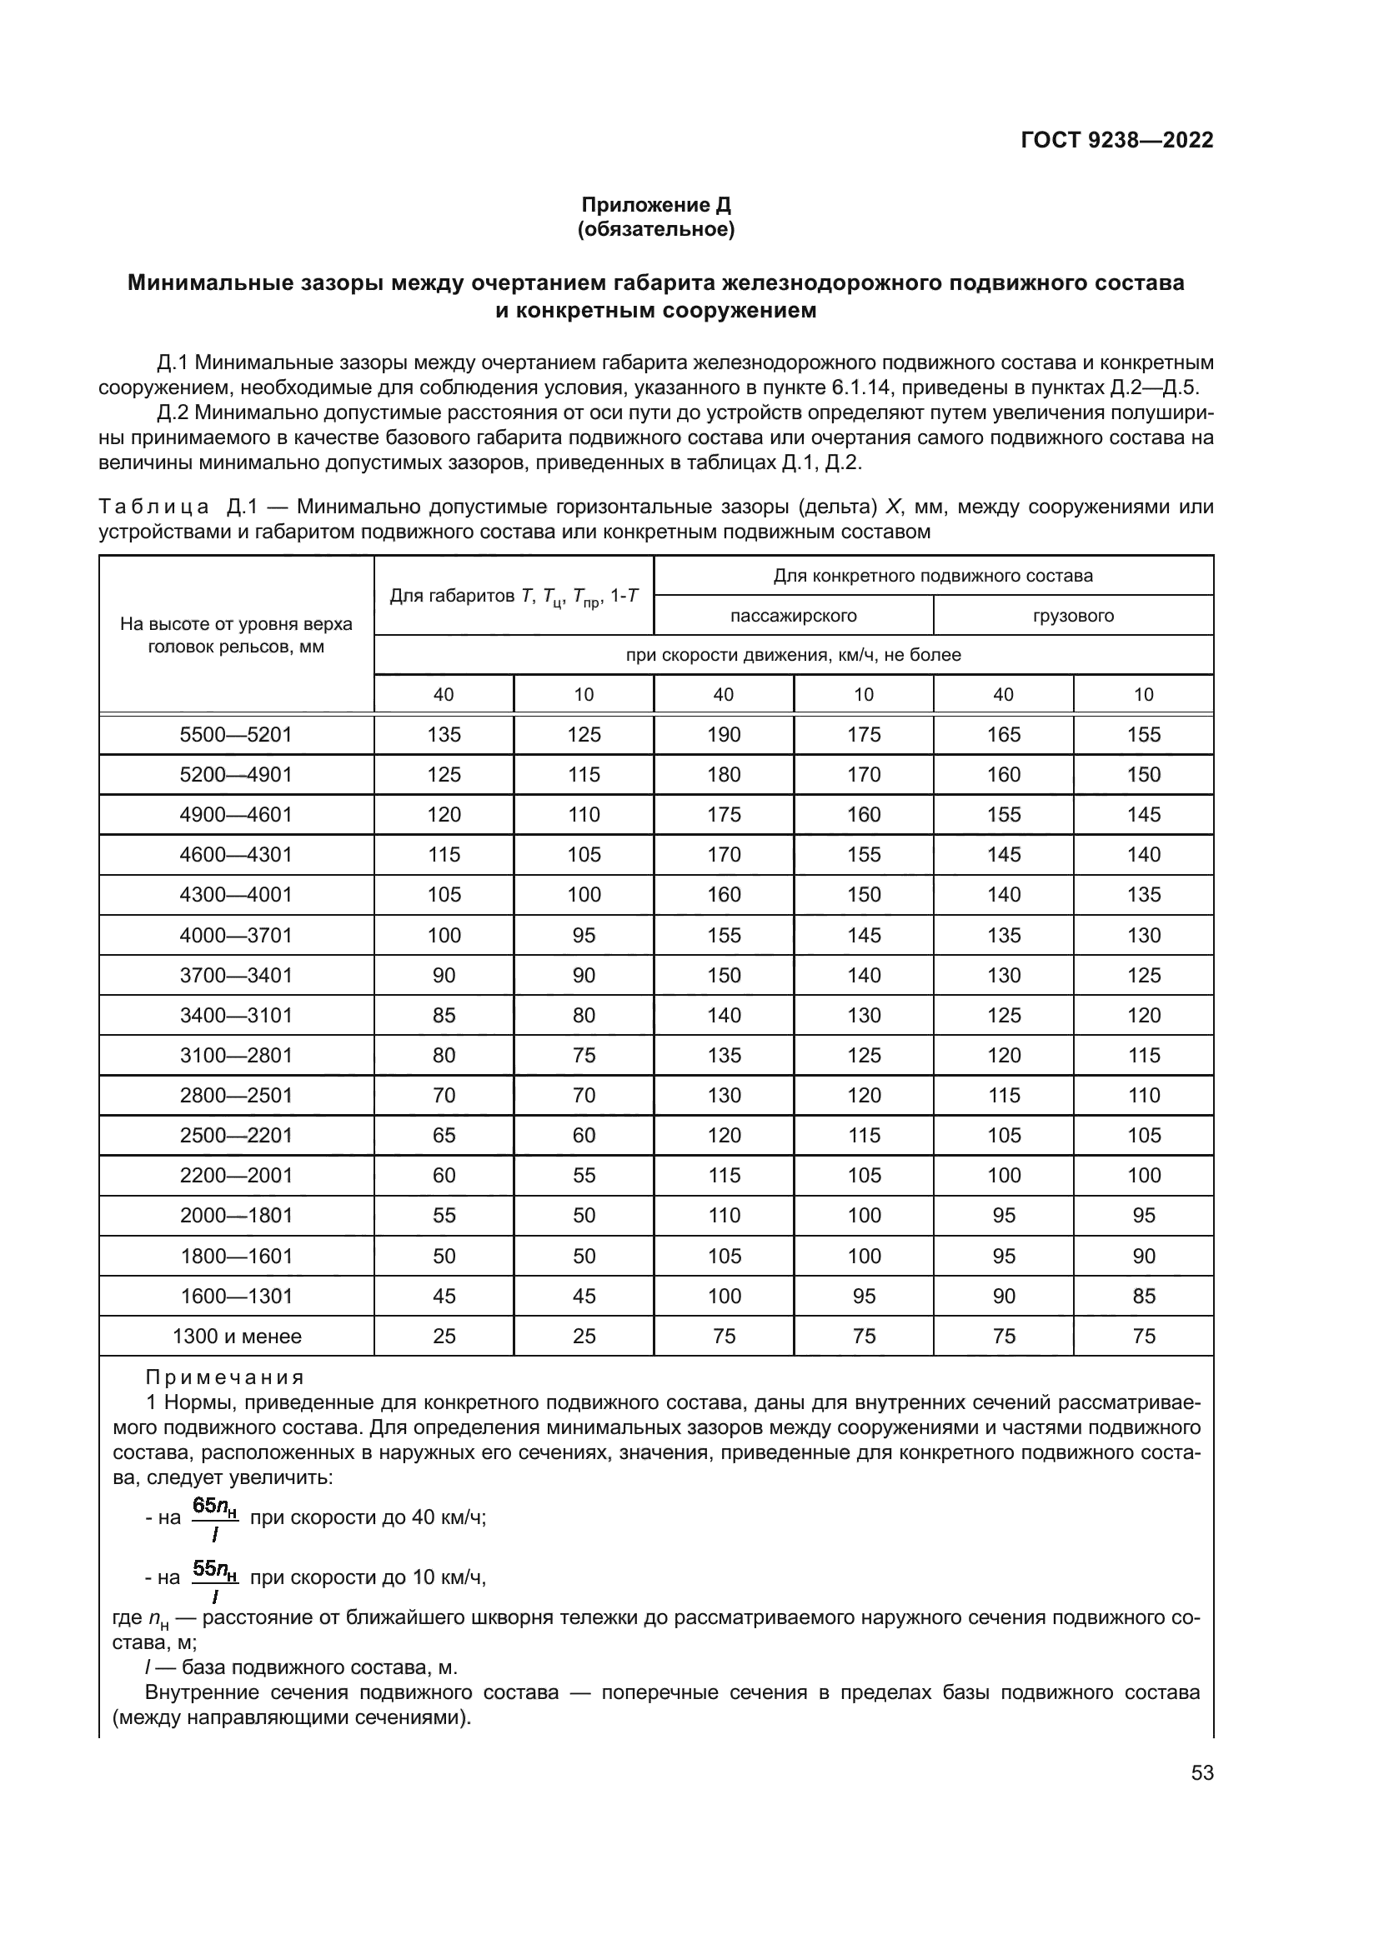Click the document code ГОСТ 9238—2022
(1116, 140)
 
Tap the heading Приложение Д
(655, 205)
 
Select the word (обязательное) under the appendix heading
(655, 229)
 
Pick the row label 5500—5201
(236, 734)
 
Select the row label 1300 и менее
(236, 1336)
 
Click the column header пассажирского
(793, 616)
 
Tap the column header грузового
(1073, 616)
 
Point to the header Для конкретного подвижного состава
(932, 576)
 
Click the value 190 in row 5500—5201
(724, 734)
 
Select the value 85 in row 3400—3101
(444, 1015)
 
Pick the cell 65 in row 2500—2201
(444, 1135)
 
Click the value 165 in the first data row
(1004, 734)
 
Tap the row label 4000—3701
(236, 935)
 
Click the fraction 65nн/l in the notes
(215, 1517)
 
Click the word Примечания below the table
(224, 1377)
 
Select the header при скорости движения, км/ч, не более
(793, 654)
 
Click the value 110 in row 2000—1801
(724, 1216)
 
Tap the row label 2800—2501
(236, 1095)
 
